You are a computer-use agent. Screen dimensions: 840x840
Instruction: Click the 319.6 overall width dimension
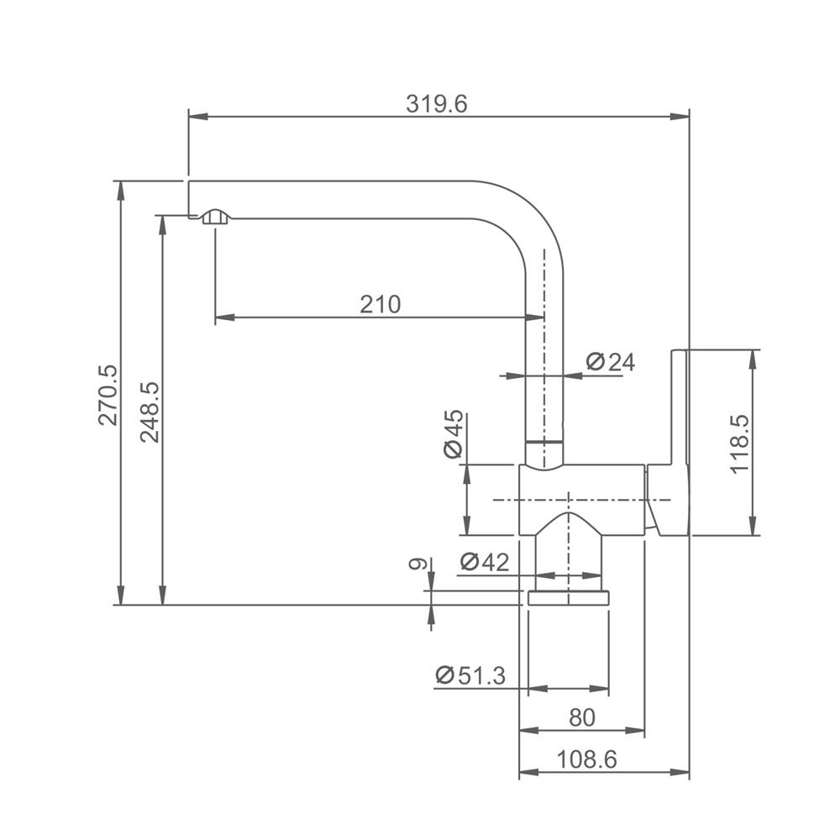pos(436,104)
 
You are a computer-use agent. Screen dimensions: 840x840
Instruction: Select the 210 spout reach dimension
pos(380,304)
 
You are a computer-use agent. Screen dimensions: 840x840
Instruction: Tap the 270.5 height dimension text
pos(108,396)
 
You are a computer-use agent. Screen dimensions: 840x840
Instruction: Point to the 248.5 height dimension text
pos(150,412)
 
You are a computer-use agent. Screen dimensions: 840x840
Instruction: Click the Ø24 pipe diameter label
pos(610,362)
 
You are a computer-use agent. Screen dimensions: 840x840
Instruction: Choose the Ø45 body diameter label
pos(454,434)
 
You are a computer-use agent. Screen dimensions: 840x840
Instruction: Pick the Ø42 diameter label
pos(485,562)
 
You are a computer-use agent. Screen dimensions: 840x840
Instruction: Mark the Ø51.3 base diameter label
pos(470,675)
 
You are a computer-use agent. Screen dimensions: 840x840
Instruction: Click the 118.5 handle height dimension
pos(739,444)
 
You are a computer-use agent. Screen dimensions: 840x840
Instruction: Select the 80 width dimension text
pos(582,717)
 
